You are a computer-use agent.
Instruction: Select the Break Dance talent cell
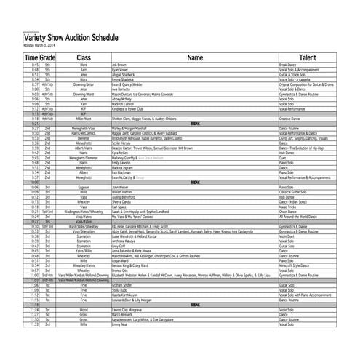(289, 65)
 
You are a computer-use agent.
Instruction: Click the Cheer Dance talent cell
(288, 212)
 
